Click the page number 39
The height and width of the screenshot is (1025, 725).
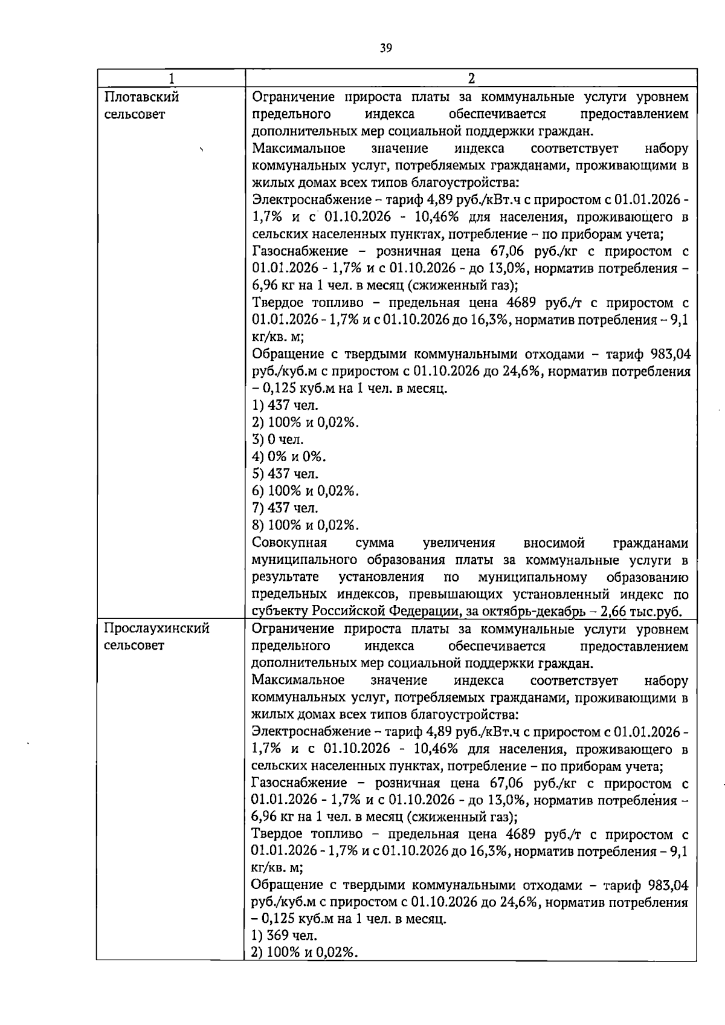tap(387, 48)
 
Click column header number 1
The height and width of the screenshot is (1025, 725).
tap(172, 79)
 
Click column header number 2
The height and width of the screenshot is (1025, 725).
tap(471, 79)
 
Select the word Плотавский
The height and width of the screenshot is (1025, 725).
tap(141, 97)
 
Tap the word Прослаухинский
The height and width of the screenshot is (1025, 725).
tap(156, 629)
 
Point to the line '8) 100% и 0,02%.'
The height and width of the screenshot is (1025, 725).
tap(305, 525)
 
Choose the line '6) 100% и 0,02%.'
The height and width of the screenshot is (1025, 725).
tap(305, 491)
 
